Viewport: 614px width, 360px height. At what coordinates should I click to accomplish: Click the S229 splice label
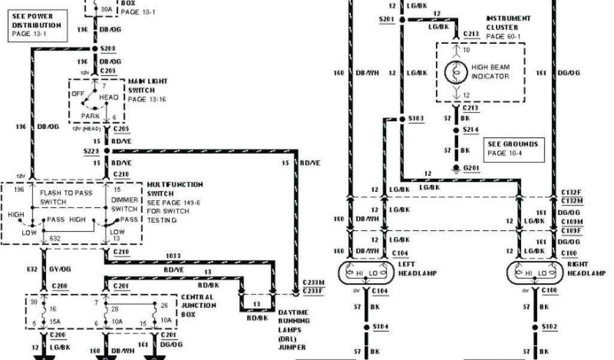[x=91, y=150]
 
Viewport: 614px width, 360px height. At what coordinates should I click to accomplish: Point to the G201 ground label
[x=471, y=169]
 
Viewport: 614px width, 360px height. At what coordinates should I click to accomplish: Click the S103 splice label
[x=416, y=118]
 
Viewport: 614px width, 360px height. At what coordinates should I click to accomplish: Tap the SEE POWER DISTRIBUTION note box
[x=37, y=26]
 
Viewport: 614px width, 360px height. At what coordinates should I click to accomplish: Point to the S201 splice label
[x=386, y=19]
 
